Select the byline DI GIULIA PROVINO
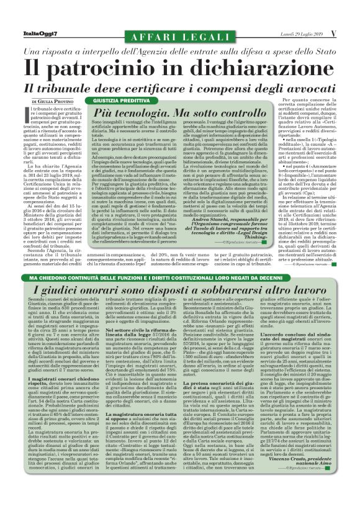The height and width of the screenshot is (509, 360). (52, 101)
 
